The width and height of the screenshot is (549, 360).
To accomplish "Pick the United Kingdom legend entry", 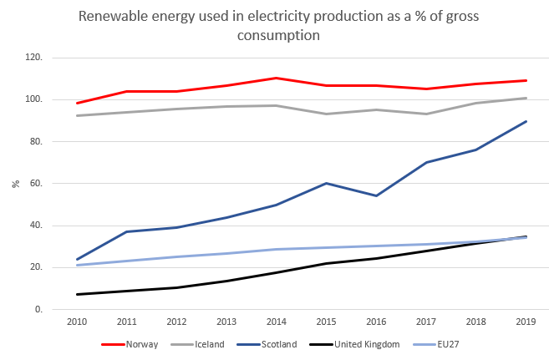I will click(374, 344).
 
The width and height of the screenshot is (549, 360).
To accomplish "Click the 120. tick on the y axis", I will click(33, 58).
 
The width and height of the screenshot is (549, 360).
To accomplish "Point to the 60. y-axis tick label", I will click(36, 184).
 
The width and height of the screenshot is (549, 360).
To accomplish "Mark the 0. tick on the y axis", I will click(38, 310).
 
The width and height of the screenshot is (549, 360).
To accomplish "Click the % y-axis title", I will click(14, 184).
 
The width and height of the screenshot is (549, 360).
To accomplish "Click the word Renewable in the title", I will click(112, 17).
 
